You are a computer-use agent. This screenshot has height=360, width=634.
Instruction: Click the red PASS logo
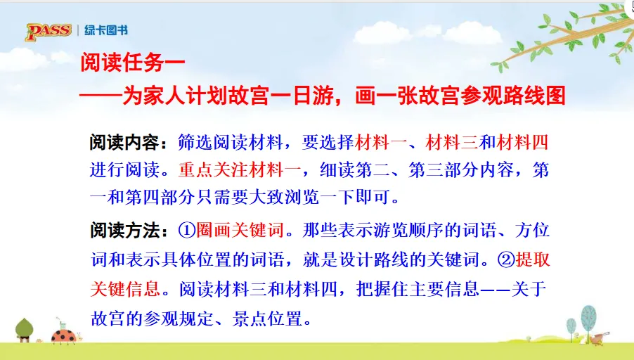click(x=48, y=31)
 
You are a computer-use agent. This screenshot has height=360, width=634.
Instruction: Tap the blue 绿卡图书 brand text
click(x=106, y=30)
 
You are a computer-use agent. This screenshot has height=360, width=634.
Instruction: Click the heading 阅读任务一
click(x=133, y=63)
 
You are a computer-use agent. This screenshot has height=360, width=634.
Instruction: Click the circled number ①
click(x=187, y=230)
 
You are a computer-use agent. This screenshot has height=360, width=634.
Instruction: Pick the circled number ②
click(x=506, y=259)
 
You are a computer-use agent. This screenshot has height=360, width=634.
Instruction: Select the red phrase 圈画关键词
click(x=240, y=230)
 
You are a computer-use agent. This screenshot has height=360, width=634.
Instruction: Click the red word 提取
click(x=533, y=259)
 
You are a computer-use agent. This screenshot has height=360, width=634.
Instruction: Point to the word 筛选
click(x=195, y=142)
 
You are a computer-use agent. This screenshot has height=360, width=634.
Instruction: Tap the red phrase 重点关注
click(x=214, y=170)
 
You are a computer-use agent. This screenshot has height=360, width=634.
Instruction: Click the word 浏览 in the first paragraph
click(x=302, y=198)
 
